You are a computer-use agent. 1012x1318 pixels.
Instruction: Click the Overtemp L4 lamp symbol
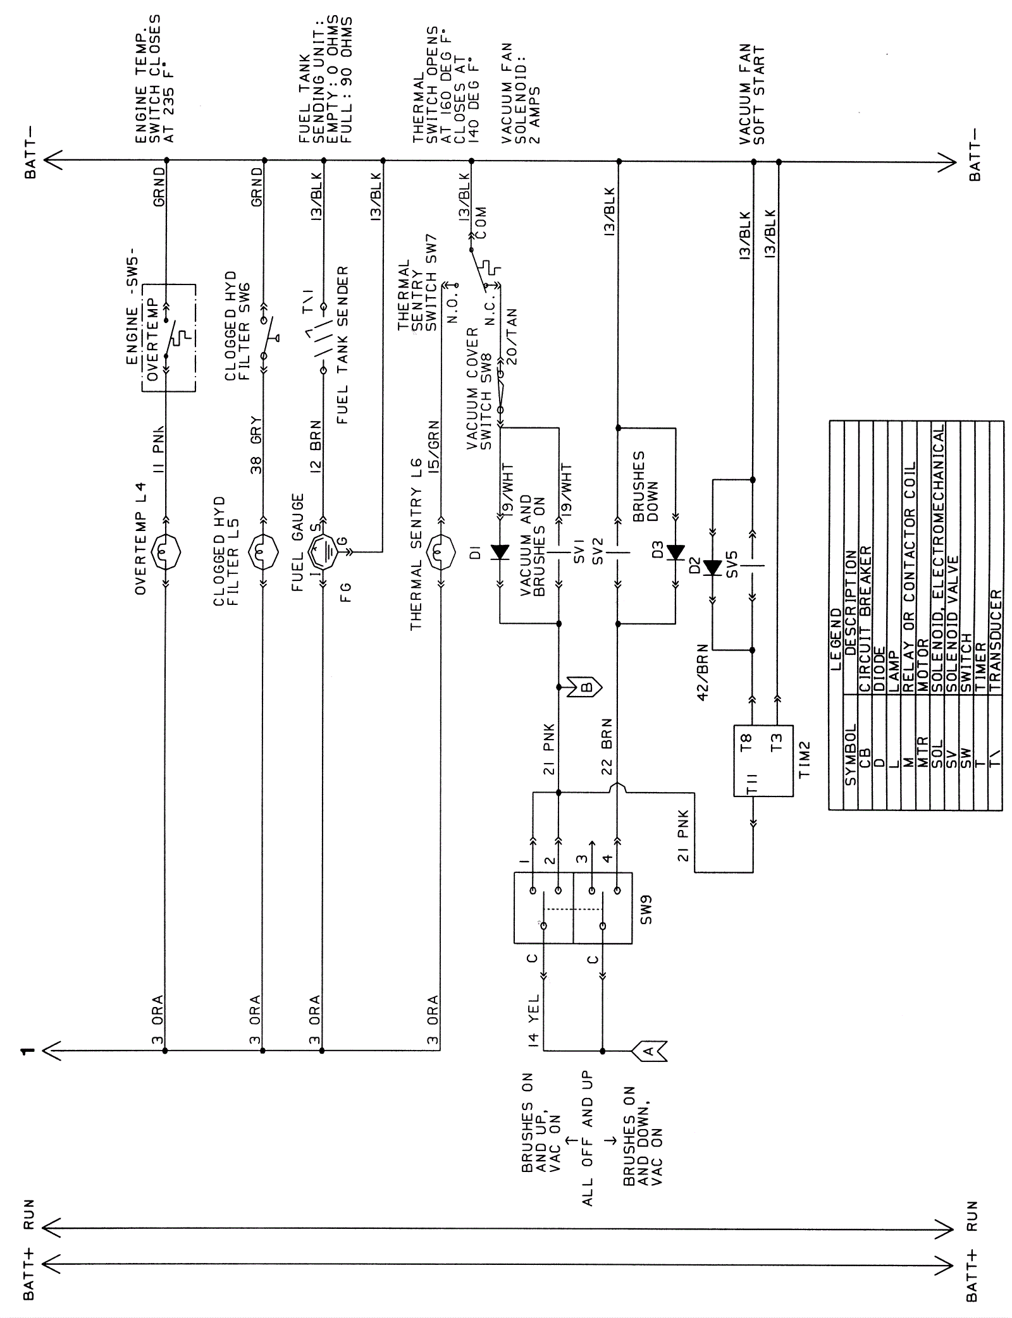[x=166, y=553]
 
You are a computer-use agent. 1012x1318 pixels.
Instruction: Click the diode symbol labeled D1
[x=500, y=552]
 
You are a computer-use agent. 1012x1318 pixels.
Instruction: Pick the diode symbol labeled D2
[x=713, y=568]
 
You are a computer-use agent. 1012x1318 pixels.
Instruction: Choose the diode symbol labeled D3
[x=676, y=552]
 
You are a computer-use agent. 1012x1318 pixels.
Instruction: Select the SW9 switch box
[x=572, y=908]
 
